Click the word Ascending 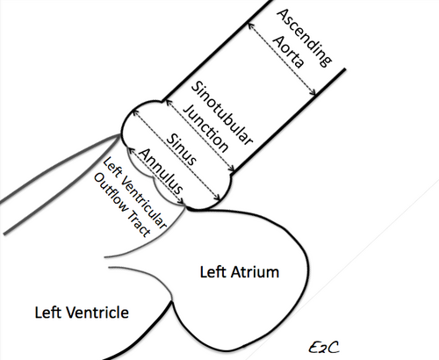tap(305, 38)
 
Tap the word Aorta tap(288, 52)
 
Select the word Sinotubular tap(221, 112)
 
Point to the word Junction tap(205, 129)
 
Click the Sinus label tap(182, 149)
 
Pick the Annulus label tap(161, 170)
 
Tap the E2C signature tap(324, 348)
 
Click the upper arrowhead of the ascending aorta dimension tap(250, 25)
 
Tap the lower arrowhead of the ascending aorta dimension tap(313, 92)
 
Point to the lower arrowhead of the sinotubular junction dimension tap(232, 169)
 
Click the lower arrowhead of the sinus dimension tap(217, 198)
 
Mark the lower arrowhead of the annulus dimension tap(182, 201)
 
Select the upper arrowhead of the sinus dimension tap(135, 112)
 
